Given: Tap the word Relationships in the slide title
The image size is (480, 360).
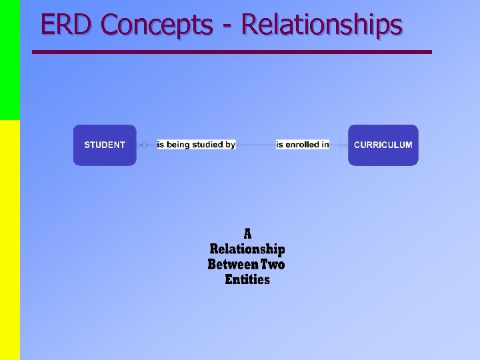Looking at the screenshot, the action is pos(321,25).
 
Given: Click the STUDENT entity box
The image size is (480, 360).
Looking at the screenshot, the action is pos(105,145).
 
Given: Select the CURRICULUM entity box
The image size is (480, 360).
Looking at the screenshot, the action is pos(383,145).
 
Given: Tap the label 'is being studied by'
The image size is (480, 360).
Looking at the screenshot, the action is pos(196,145).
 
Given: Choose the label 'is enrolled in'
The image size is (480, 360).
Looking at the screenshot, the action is pos(303,145).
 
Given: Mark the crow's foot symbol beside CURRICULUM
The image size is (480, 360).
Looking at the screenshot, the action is pos(341,145).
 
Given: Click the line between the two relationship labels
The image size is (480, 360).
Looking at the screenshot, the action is pos(256,145).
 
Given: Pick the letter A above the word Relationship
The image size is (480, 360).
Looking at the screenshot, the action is pos(247,234).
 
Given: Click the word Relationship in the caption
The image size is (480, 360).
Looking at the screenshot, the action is pos(247,249).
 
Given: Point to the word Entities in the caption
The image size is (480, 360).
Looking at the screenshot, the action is pos(247,280).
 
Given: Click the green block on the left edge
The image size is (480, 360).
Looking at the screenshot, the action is pos(10,60).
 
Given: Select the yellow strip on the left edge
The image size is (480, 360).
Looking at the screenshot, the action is pos(10,240).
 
